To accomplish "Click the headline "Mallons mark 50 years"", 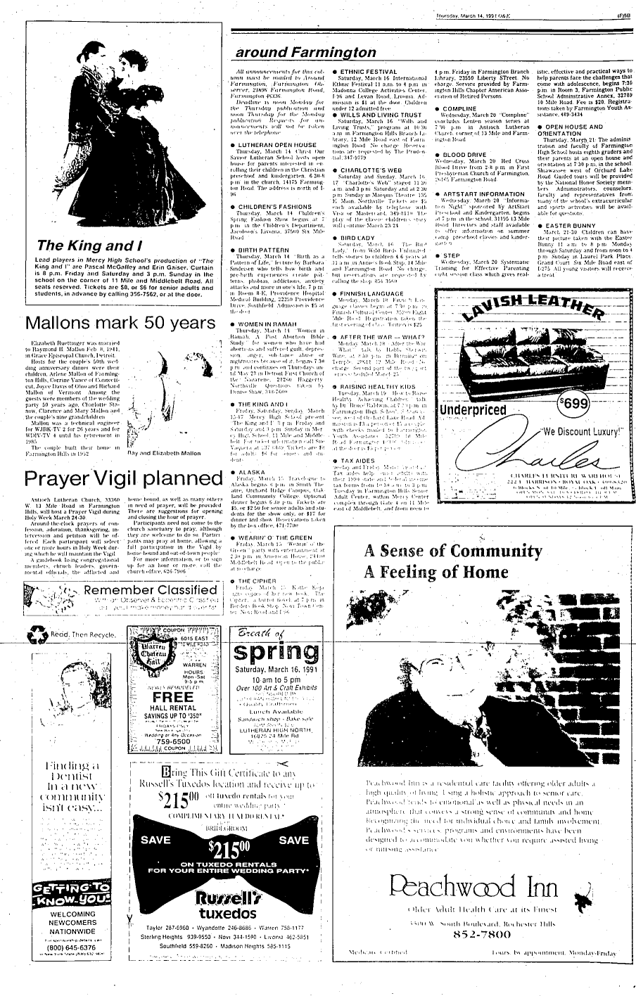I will (118, 324).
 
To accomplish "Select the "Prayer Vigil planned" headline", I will (124, 478).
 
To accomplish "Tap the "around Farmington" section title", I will (305, 53).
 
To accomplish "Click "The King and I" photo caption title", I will (85, 245).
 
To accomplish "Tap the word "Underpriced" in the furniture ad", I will (473, 410).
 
